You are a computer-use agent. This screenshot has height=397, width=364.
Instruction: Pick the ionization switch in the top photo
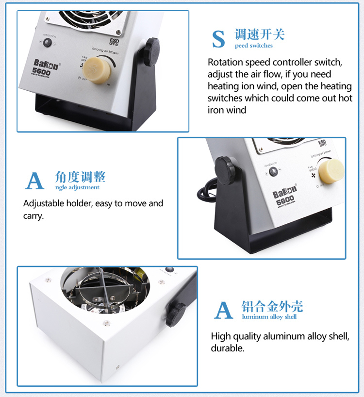click(48, 43)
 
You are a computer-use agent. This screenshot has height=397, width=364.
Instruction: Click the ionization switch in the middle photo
click(273, 171)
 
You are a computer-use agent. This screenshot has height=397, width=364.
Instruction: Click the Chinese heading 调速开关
click(260, 34)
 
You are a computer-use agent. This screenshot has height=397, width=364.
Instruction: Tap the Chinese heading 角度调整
click(80, 177)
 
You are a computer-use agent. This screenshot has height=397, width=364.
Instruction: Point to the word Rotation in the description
click(225, 63)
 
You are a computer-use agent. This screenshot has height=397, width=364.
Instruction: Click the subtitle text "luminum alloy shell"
click(269, 317)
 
